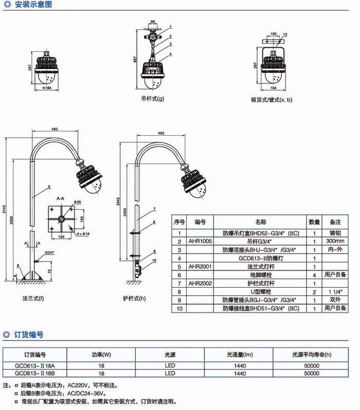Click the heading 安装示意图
coord(34,6)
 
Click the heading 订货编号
coord(30,334)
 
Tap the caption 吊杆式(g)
coord(153,99)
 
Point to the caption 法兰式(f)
coord(34,297)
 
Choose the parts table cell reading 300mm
coord(335,241)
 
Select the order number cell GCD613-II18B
coord(35,374)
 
